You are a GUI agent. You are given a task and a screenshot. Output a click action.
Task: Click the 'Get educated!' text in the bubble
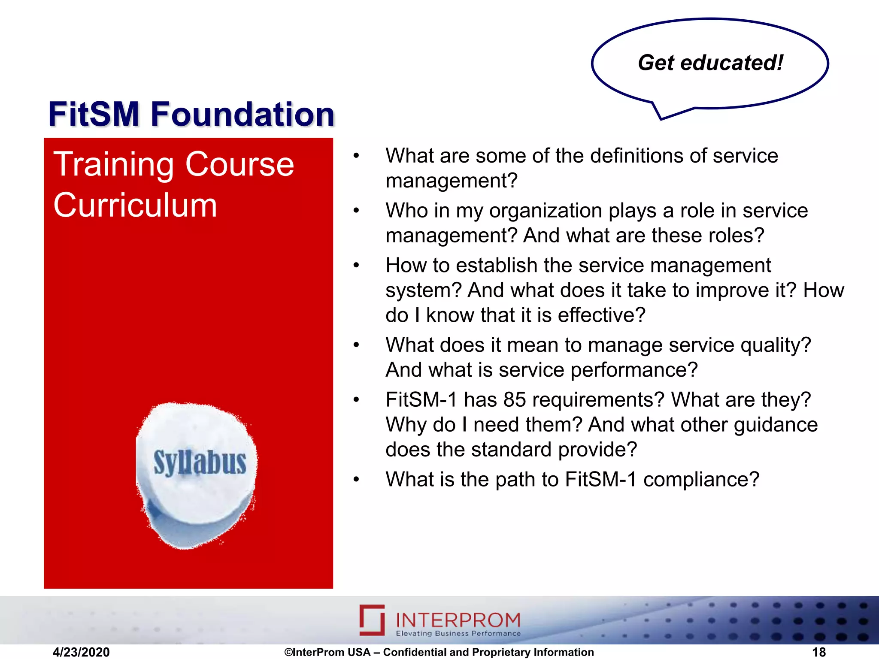(710, 63)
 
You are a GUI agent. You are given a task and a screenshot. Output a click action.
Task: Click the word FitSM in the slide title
(94, 115)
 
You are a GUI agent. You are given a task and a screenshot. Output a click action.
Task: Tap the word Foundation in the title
(242, 115)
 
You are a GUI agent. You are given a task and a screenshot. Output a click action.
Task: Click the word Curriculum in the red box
(135, 206)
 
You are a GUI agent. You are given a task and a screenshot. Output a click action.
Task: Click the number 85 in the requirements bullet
(515, 400)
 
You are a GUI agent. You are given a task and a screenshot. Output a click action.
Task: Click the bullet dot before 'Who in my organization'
(356, 211)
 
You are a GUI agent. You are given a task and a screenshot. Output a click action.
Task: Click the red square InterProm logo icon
(372, 620)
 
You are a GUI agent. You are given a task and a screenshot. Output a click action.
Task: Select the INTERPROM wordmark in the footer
(458, 620)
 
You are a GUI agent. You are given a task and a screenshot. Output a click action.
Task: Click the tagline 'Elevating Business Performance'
(458, 634)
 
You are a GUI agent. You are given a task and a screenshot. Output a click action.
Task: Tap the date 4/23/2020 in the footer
(81, 652)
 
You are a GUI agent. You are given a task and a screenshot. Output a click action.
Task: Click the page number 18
(818, 652)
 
